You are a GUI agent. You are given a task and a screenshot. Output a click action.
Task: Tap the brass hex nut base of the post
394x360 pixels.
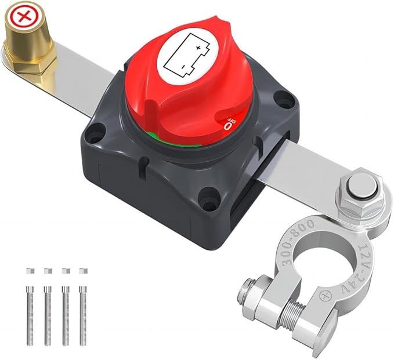click(x=30, y=63)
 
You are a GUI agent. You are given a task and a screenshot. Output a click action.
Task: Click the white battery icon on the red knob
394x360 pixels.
click(x=187, y=54)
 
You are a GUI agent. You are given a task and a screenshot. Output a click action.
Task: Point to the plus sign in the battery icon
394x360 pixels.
click(x=198, y=48)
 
